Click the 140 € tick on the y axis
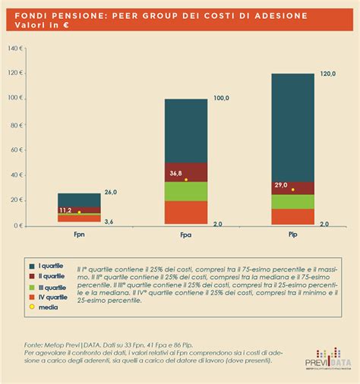[x=14, y=48]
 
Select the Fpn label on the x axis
[x=78, y=237]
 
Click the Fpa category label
[x=186, y=237]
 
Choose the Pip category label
[x=292, y=237]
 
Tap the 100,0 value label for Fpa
[x=221, y=99]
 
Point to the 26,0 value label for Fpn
[x=111, y=193]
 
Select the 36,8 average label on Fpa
[x=175, y=173]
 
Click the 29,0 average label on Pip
[x=282, y=184]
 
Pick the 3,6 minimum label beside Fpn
[x=109, y=221]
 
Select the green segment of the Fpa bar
[x=186, y=191]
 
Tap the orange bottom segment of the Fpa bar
[x=186, y=212]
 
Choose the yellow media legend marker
[x=31, y=307]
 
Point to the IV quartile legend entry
[x=52, y=297]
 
